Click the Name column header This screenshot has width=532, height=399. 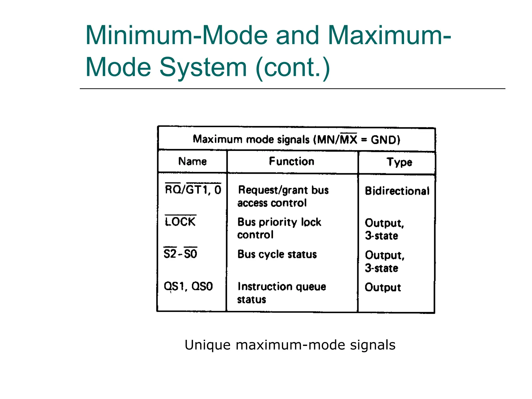[192, 161]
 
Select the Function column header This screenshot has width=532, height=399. [291, 161]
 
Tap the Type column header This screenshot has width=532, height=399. [399, 162]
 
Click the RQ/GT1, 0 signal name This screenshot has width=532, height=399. [193, 190]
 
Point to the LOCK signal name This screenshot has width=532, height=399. [180, 222]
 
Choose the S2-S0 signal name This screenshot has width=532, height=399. [180, 254]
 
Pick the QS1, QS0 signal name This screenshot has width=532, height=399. [188, 286]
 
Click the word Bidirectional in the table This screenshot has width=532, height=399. [397, 191]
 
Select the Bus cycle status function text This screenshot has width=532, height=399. [277, 254]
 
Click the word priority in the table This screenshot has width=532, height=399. [278, 222]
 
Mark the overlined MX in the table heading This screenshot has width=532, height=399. [349, 139]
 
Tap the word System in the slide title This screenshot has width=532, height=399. [203, 67]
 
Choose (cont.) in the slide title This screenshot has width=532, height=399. [293, 67]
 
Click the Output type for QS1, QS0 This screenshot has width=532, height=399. [383, 287]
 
